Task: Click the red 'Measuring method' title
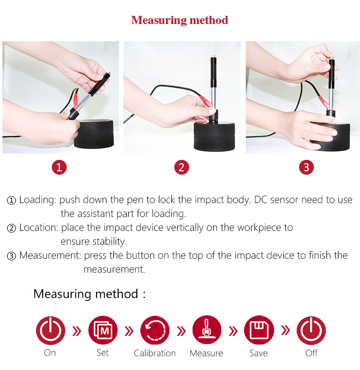pyautogui.click(x=180, y=20)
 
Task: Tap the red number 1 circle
pyautogui.click(x=59, y=167)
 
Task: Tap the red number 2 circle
pyautogui.click(x=181, y=167)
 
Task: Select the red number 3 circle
pyautogui.click(x=306, y=167)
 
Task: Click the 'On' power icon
pyautogui.click(x=50, y=330)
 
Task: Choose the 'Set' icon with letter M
pyautogui.click(x=103, y=330)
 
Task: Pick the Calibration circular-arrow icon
pyautogui.click(x=155, y=330)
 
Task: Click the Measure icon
pyautogui.click(x=207, y=330)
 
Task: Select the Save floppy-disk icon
pyautogui.click(x=259, y=330)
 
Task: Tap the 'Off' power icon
pyautogui.click(x=311, y=330)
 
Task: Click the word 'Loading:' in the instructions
pyautogui.click(x=38, y=200)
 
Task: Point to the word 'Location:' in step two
pyautogui.click(x=39, y=228)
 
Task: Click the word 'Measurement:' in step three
pyautogui.click(x=50, y=256)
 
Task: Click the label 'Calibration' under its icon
pyautogui.click(x=155, y=353)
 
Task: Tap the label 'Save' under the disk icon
pyautogui.click(x=259, y=353)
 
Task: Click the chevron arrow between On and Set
pyautogui.click(x=77, y=331)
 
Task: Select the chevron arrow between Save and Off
pyautogui.click(x=286, y=330)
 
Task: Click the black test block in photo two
pyautogui.click(x=215, y=136)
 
